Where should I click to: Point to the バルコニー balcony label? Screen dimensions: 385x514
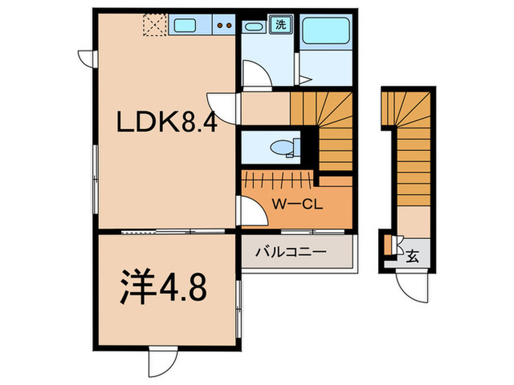(x=290, y=253)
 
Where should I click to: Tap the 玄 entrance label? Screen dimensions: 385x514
(x=413, y=257)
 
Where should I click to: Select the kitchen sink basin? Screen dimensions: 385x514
(x=187, y=27)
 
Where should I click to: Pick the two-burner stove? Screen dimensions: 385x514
(x=224, y=27)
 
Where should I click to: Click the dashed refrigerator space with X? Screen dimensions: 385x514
(x=154, y=26)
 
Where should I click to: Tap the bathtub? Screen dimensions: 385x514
(x=328, y=32)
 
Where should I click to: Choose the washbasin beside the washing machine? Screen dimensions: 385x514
(x=255, y=27)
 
